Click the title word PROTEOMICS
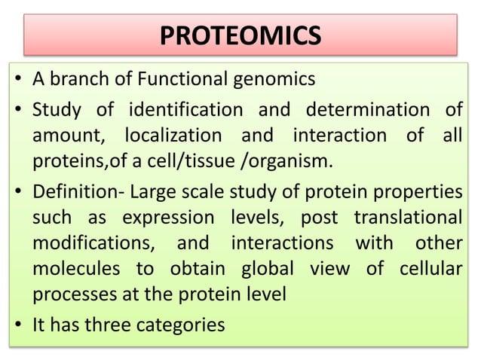tap(240, 35)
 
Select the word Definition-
tap(78, 191)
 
